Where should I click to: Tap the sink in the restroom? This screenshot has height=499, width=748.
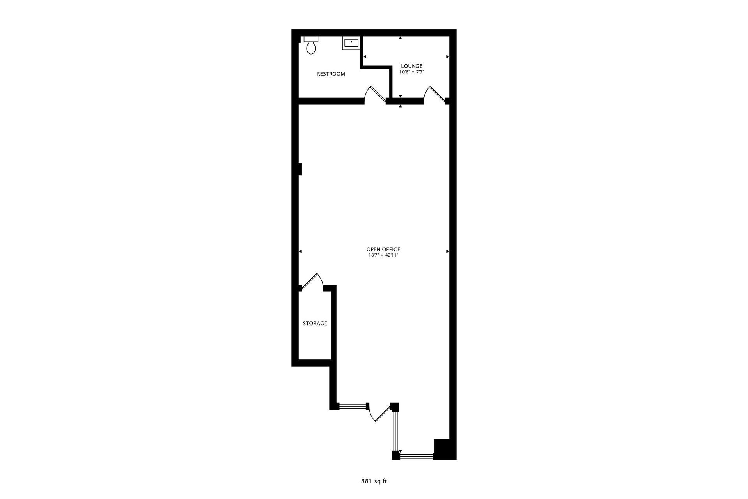point(351,42)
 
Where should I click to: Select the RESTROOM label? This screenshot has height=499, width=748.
point(331,74)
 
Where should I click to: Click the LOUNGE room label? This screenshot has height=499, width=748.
point(411,66)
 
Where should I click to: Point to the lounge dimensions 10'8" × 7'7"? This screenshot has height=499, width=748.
point(411,72)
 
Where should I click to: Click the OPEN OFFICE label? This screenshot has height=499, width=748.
point(383,249)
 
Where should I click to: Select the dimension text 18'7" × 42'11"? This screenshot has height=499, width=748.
point(383,255)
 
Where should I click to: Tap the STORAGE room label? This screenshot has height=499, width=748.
point(315,324)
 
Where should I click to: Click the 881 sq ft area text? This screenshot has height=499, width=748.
point(374,481)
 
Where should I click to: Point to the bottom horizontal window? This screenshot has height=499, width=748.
point(417,455)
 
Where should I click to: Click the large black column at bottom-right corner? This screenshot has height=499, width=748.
point(444,449)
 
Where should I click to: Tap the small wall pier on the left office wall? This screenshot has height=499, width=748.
point(300,169)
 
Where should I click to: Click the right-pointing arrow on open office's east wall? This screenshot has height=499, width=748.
point(448,251)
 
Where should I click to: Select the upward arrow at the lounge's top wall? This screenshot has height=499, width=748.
point(400,38)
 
